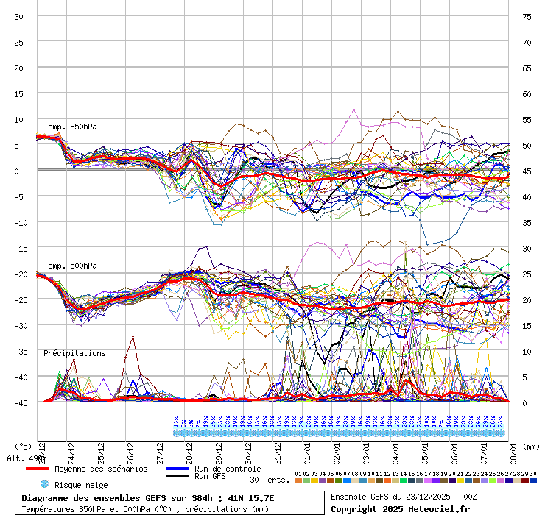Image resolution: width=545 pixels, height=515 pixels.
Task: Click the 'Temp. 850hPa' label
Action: [70, 127]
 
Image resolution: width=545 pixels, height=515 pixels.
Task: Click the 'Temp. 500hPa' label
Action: [70, 266]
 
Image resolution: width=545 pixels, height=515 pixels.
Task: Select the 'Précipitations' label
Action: [74, 353]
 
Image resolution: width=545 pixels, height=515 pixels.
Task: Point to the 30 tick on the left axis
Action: [19, 16]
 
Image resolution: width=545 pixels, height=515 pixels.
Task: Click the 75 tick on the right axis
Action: [527, 16]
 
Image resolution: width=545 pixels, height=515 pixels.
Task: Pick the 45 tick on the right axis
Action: [527, 171]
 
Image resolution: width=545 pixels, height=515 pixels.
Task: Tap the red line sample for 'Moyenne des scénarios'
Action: [37, 469]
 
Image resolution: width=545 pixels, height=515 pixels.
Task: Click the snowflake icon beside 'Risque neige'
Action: [43, 484]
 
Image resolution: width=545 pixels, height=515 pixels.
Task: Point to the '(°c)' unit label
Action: [24, 446]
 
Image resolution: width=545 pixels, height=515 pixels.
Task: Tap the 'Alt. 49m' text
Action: [22, 458]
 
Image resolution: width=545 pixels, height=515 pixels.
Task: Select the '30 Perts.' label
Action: [268, 480]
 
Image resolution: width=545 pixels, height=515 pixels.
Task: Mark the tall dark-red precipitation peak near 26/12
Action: [133, 337]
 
